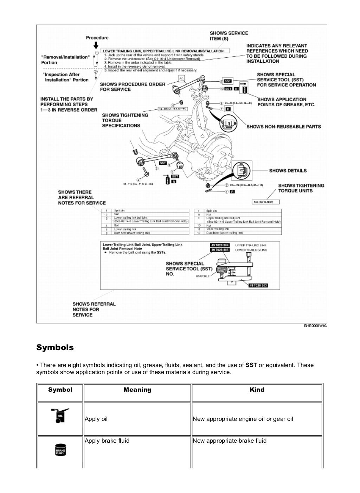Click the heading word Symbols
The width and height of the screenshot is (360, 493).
pyautogui.click(x=55, y=348)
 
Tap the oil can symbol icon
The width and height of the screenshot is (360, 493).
pyautogui.click(x=60, y=416)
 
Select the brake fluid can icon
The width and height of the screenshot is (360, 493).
pyautogui.click(x=60, y=449)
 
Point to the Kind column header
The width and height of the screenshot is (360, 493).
pyautogui.click(x=257, y=390)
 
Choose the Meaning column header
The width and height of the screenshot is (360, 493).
pyautogui.click(x=137, y=390)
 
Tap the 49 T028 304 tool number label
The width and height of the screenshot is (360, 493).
pyautogui.click(x=220, y=245)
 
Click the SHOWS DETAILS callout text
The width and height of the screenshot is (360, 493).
pyautogui.click(x=288, y=171)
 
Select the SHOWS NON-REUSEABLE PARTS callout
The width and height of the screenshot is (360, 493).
pyautogui.click(x=284, y=127)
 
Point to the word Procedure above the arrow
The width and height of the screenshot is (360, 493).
pyautogui.click(x=97, y=38)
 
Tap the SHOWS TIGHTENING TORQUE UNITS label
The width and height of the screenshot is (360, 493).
pyautogui.click(x=301, y=188)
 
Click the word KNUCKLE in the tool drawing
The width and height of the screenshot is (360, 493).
pyautogui.click(x=202, y=276)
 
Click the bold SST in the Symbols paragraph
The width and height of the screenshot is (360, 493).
pyautogui.click(x=251, y=365)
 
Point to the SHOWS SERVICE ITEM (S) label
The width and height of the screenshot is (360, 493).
pyautogui.click(x=229, y=36)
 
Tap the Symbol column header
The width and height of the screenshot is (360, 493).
pyautogui.click(x=60, y=390)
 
